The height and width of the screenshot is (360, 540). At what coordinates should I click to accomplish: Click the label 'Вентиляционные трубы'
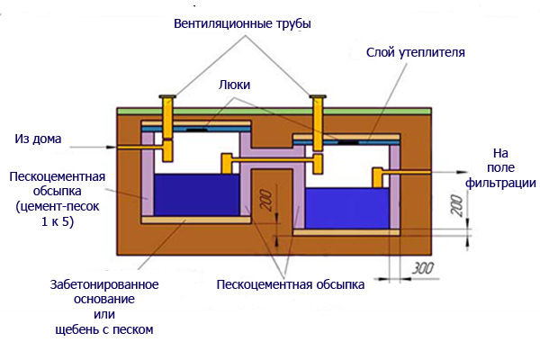(242, 23)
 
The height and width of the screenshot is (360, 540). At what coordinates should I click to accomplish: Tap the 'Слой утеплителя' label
(415, 52)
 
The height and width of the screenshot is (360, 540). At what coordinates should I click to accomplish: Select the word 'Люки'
(234, 85)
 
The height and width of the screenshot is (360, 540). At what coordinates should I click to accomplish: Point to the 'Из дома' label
(38, 139)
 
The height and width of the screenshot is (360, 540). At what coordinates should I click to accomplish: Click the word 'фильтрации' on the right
(500, 183)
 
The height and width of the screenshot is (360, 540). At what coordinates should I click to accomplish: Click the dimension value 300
(423, 268)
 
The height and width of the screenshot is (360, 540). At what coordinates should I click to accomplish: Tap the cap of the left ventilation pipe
(167, 97)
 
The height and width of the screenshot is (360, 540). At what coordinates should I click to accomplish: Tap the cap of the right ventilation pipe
(318, 97)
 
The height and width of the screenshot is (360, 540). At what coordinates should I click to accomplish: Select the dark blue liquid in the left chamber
(196, 195)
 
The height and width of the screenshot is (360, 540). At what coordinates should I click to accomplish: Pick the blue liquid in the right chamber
(347, 208)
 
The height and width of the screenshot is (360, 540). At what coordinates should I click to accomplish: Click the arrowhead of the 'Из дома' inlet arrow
(112, 147)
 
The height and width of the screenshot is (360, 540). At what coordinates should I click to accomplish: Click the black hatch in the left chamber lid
(197, 130)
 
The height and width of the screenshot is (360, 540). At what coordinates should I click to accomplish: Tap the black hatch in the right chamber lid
(347, 141)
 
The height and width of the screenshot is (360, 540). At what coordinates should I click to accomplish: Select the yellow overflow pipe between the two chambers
(273, 161)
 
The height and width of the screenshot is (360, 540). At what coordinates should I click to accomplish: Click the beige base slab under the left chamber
(196, 220)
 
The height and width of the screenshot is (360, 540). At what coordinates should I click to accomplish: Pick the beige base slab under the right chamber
(346, 232)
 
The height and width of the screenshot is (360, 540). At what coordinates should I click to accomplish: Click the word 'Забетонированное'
(104, 285)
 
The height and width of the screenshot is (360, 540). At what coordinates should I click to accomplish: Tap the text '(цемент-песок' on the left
(58, 206)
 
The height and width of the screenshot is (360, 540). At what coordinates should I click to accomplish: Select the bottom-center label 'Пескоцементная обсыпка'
(291, 285)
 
